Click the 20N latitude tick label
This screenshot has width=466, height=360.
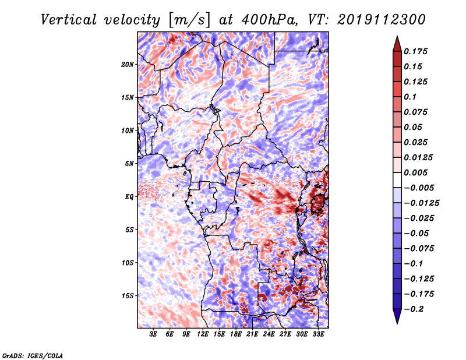(128, 65)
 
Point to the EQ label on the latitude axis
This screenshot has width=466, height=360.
(129, 197)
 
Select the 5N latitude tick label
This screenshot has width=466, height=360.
(129, 164)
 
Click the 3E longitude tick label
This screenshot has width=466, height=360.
(153, 334)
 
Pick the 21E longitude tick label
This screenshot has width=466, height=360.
(252, 334)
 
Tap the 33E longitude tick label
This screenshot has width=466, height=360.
(318, 334)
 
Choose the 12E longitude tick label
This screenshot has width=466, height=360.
(203, 334)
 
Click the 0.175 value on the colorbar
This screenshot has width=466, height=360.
(415, 51)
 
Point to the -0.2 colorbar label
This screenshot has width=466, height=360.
(414, 309)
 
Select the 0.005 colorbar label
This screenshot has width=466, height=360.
(415, 172)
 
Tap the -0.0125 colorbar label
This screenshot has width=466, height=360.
(421, 203)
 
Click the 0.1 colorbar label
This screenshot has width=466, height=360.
(410, 97)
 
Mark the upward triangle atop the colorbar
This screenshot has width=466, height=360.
(397, 44)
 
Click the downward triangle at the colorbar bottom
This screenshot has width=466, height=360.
(397, 316)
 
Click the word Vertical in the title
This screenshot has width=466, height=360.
(69, 20)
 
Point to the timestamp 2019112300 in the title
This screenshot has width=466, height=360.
(382, 20)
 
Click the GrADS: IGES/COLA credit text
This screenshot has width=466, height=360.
(33, 355)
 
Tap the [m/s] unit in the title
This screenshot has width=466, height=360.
(189, 20)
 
